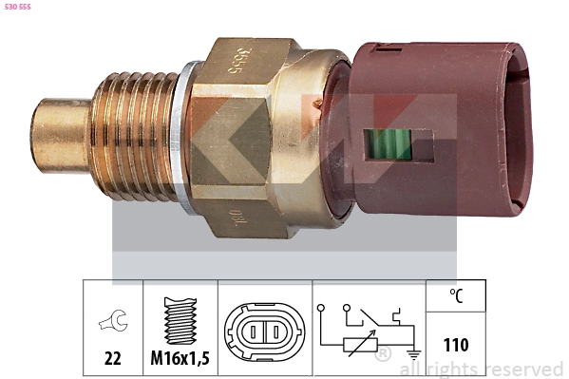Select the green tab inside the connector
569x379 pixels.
point(389,146)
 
